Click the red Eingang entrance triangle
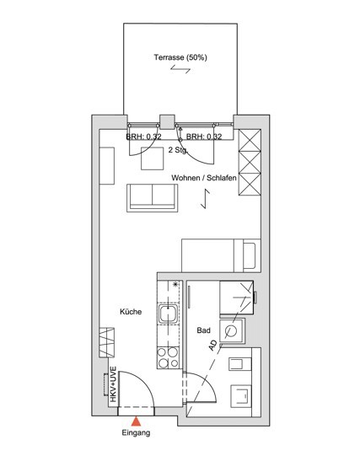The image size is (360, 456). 136,421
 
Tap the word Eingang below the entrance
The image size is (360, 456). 136,433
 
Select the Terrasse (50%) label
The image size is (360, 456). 180,57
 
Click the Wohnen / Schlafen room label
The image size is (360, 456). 204,178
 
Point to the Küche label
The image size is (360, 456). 131,312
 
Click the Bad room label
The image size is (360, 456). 203,330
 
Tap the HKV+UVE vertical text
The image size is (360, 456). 113,384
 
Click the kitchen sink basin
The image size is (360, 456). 168,314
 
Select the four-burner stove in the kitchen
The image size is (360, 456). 168,357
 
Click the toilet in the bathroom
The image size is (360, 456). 240,396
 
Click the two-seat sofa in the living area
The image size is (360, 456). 152,198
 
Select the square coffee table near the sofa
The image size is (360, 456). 152,158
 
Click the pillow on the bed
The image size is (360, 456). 250,255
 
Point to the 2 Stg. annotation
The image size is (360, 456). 178,150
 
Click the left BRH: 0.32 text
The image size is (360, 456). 143,137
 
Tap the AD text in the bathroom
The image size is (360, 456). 212,346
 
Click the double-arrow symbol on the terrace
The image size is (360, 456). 180,69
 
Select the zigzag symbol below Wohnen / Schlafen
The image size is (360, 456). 206,199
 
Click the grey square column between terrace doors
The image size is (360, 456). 168,122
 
